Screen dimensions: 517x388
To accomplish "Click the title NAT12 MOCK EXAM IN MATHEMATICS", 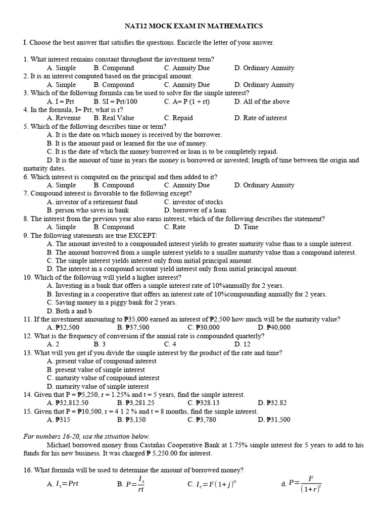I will pyautogui.click(x=194, y=26).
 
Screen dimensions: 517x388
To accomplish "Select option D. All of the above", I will pyautogui.click(x=262, y=101).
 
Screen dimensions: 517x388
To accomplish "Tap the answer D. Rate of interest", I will pyautogui.click(x=260, y=118).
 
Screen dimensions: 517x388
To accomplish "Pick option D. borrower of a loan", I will pyautogui.click(x=195, y=210).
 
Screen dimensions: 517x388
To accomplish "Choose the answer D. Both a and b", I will pyautogui.click(x=70, y=311).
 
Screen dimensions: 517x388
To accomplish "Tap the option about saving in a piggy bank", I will pyautogui.click(x=112, y=302).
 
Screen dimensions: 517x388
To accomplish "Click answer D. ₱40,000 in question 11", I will pyautogui.click(x=274, y=327).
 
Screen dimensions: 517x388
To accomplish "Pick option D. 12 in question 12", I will pyautogui.click(x=242, y=344).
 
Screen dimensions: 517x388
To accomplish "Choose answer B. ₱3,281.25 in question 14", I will pyautogui.click(x=136, y=402).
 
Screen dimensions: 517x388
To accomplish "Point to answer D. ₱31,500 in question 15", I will pyautogui.click(x=274, y=420).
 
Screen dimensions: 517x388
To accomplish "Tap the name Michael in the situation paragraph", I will pyautogui.click(x=60, y=445).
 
